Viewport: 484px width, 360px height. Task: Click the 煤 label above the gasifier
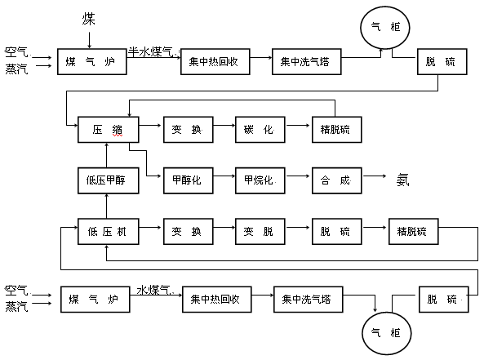tap(89, 19)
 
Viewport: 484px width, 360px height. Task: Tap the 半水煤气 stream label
tap(151, 51)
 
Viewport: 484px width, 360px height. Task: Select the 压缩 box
tap(109, 130)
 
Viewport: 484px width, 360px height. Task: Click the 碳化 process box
tap(260, 130)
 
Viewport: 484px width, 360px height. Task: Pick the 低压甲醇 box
tap(109, 180)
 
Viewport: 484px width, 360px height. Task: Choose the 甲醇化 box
tap(189, 180)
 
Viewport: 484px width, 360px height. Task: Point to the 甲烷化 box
tap(260, 180)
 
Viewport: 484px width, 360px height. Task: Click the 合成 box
tap(337, 180)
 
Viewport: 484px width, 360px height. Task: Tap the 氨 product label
tap(403, 180)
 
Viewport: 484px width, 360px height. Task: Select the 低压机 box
tap(109, 232)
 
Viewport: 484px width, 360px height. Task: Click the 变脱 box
tap(260, 232)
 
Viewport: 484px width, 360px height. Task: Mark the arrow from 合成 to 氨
tap(374, 176)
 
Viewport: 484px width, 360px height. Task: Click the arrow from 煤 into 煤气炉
tap(89, 40)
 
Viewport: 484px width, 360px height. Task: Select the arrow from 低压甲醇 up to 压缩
tap(107, 155)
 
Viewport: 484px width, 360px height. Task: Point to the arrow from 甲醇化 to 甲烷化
tap(224, 176)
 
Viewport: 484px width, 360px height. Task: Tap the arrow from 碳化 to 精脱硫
tap(298, 126)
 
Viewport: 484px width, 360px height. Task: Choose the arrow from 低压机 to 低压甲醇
tap(107, 207)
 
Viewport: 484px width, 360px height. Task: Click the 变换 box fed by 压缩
tap(189, 130)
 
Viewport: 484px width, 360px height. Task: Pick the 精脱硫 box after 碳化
tap(337, 130)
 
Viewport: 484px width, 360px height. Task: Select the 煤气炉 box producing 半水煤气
tap(92, 62)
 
